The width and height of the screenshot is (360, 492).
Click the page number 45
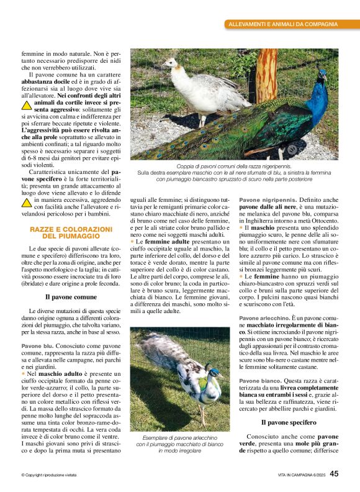click(334, 474)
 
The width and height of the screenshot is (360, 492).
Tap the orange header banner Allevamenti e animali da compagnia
click(283, 24)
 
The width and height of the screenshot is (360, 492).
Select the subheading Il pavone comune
click(70, 297)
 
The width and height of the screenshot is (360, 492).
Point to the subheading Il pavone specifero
click(289, 422)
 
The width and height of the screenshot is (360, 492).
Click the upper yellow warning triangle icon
click(27, 104)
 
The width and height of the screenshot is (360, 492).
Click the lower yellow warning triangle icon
click(27, 201)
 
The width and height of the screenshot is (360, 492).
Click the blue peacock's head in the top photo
click(321, 76)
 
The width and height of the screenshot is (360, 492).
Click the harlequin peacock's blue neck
click(213, 375)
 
